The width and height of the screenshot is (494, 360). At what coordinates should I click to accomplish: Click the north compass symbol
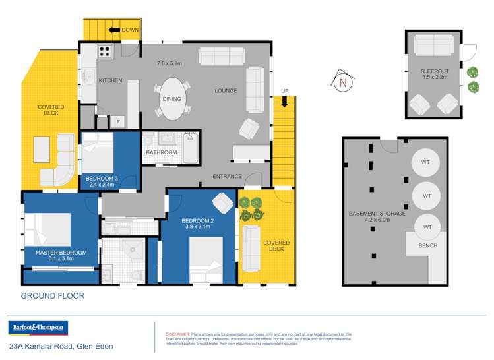343,82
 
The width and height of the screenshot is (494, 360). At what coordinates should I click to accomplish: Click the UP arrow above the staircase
284,100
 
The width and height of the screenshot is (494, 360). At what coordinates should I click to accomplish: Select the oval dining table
172,99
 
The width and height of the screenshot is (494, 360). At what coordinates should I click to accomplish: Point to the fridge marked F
118,121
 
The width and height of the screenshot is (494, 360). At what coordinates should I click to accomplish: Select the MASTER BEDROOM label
61,252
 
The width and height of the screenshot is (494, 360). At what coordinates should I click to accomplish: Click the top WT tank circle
426,162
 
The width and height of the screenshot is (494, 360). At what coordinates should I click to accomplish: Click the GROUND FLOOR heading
53,296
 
